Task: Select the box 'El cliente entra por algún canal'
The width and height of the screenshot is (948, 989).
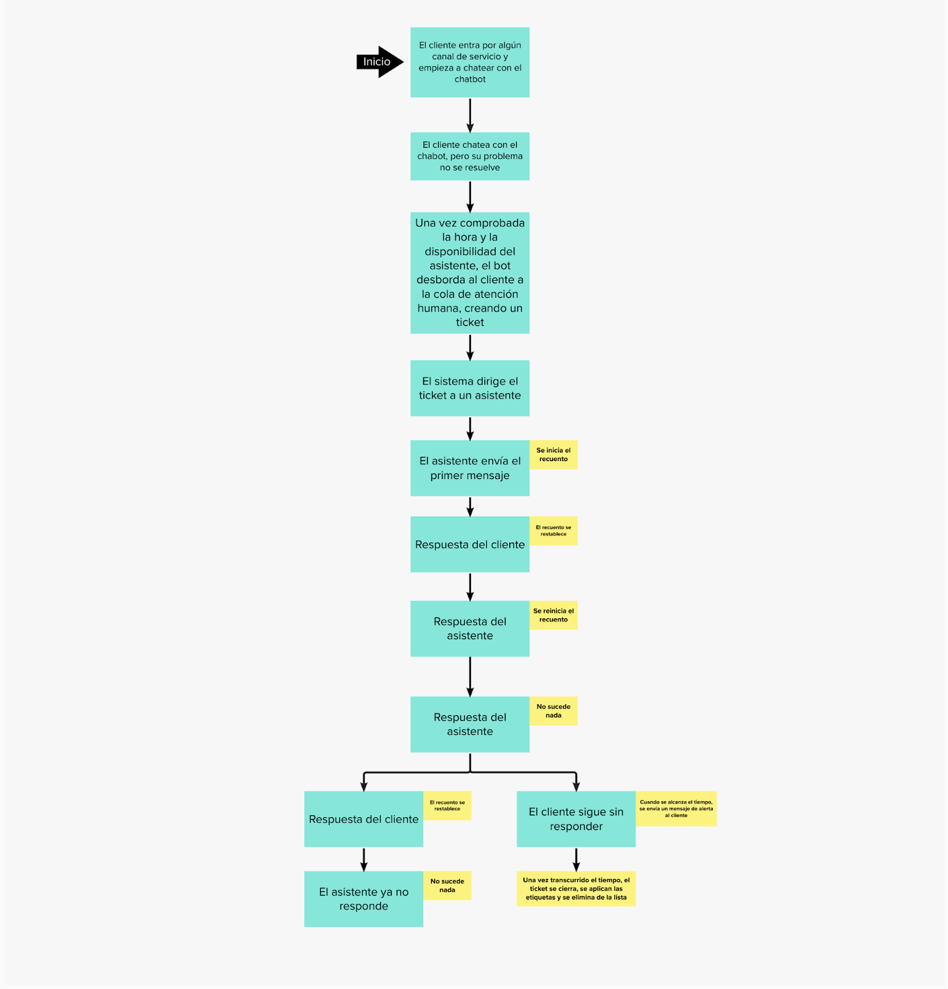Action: coord(470,62)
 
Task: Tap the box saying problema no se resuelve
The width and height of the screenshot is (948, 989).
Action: coord(470,156)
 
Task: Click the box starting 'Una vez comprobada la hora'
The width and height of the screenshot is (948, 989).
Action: coord(470,273)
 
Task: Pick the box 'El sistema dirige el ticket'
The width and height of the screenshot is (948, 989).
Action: coord(470,388)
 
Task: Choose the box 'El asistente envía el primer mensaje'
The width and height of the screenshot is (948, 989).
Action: coord(470,468)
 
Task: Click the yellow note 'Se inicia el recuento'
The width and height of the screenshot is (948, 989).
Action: coord(553,454)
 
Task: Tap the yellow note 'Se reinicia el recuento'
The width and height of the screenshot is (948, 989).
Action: coord(553,615)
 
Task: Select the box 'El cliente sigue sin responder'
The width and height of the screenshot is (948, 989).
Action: coord(576,819)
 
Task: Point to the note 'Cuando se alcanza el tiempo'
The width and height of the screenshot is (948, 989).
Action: coord(676,809)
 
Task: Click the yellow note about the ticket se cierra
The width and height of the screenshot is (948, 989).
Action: coord(576,889)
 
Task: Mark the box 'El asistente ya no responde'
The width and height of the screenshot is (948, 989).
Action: coord(363,899)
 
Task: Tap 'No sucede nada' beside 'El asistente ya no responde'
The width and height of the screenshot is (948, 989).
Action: coord(447,886)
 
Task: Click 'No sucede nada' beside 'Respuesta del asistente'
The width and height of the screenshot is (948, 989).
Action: coord(553,711)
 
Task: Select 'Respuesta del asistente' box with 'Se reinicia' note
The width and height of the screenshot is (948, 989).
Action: coord(470,629)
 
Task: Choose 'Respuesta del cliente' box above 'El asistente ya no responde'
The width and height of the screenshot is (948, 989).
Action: coord(363,819)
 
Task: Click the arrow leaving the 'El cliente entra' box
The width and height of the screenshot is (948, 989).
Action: coord(470,115)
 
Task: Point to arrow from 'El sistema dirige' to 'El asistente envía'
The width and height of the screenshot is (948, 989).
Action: coord(470,428)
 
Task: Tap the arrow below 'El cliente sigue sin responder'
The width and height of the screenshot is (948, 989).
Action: coord(576,859)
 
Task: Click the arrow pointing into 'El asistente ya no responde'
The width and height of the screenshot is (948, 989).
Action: coord(363,859)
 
